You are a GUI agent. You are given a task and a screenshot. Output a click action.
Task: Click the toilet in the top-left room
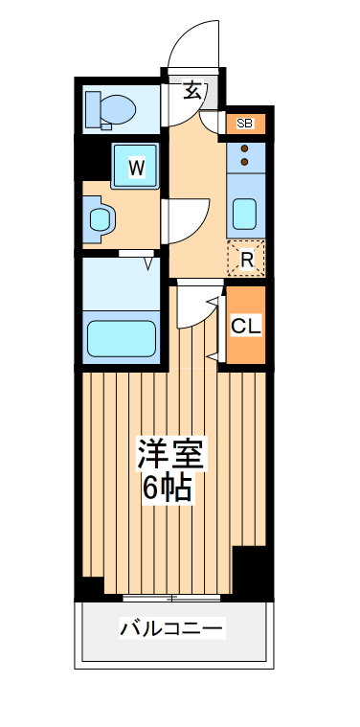116,108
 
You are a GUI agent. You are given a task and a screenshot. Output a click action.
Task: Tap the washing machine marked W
137,167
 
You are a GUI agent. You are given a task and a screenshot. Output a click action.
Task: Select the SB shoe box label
244,124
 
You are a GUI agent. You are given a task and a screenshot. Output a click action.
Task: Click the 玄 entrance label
192,92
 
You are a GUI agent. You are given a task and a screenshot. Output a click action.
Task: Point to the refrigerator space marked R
246,258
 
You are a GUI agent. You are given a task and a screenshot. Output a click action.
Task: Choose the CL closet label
245,326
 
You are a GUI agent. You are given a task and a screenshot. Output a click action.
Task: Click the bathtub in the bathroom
122,337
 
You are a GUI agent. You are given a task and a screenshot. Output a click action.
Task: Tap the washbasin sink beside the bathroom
101,218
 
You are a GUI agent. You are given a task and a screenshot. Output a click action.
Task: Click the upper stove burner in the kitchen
245,148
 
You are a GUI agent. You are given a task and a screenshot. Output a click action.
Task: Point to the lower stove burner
245,163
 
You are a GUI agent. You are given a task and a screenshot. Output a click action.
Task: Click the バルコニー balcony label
171,629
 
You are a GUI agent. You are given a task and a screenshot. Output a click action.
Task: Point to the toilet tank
92,108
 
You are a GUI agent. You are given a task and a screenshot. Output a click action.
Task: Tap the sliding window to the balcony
172,599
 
